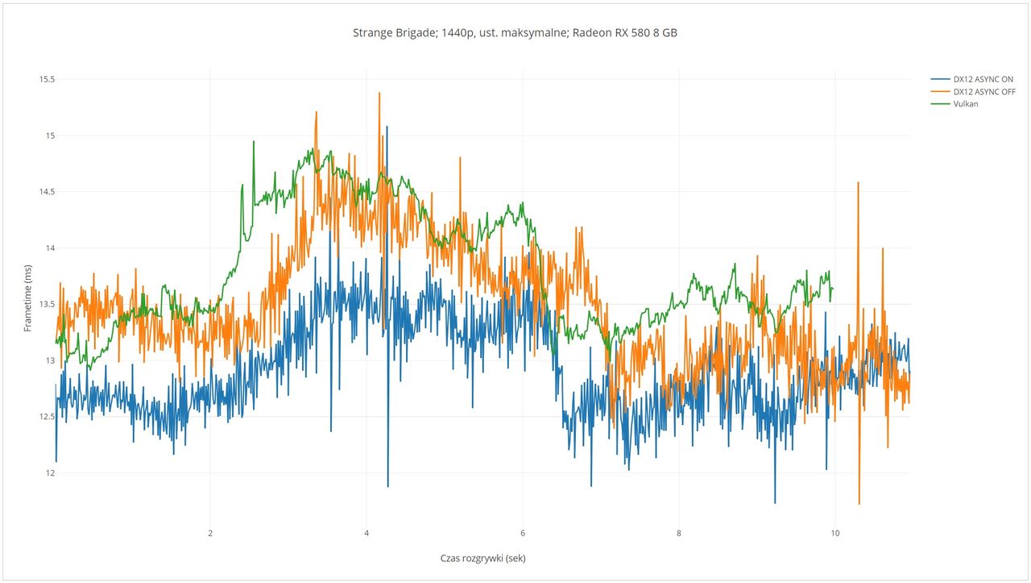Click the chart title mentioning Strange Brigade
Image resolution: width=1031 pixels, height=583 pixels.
[x=515, y=33]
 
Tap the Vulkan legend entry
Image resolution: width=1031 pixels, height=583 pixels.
[x=966, y=103]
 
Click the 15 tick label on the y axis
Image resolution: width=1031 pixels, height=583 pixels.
[x=50, y=135]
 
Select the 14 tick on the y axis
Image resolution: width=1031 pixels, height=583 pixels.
[x=50, y=248]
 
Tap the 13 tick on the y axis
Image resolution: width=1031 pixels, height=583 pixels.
[x=50, y=360]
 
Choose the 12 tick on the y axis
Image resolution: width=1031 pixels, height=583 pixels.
[x=50, y=473]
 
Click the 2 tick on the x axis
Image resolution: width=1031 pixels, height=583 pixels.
[x=210, y=533]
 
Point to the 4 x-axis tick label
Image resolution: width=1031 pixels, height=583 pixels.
[x=366, y=533]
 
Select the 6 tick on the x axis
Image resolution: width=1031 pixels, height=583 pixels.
[x=523, y=533]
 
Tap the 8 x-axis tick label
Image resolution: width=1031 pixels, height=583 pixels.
[x=679, y=533]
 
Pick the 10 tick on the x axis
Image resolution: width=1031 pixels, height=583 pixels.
[x=834, y=533]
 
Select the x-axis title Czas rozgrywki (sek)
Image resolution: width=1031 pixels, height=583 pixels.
[x=482, y=558]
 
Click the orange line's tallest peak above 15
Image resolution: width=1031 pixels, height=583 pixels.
[x=379, y=94]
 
